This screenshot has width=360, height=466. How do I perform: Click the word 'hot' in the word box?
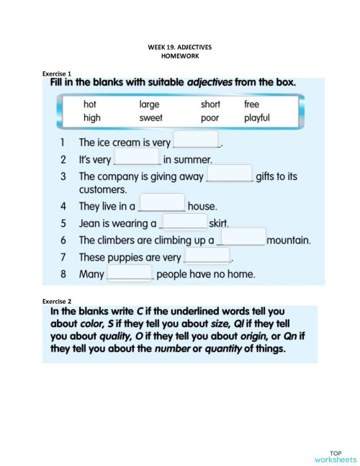click(x=90, y=104)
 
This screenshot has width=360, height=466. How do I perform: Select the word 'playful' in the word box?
click(x=256, y=117)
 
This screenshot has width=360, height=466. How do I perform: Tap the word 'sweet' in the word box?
click(x=151, y=117)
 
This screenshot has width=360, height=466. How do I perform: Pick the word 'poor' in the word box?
click(x=210, y=117)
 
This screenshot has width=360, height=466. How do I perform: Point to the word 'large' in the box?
click(x=150, y=104)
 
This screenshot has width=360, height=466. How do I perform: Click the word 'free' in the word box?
click(x=251, y=104)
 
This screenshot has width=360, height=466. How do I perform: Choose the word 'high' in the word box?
click(x=91, y=117)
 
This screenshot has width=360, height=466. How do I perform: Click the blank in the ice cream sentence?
click(x=197, y=140)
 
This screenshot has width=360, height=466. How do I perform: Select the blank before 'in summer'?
click(x=137, y=158)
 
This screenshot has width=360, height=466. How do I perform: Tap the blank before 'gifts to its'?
click(x=230, y=174)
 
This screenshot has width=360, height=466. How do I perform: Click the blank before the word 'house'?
click(x=162, y=204)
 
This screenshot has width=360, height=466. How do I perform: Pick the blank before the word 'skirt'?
click(x=184, y=222)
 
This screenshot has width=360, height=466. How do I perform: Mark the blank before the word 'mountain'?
click(x=242, y=238)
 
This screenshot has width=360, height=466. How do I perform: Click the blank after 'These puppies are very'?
click(x=207, y=256)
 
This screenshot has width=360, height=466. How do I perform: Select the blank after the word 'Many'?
click(x=130, y=273)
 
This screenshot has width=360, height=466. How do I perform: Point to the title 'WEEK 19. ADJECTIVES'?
click(x=180, y=47)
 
